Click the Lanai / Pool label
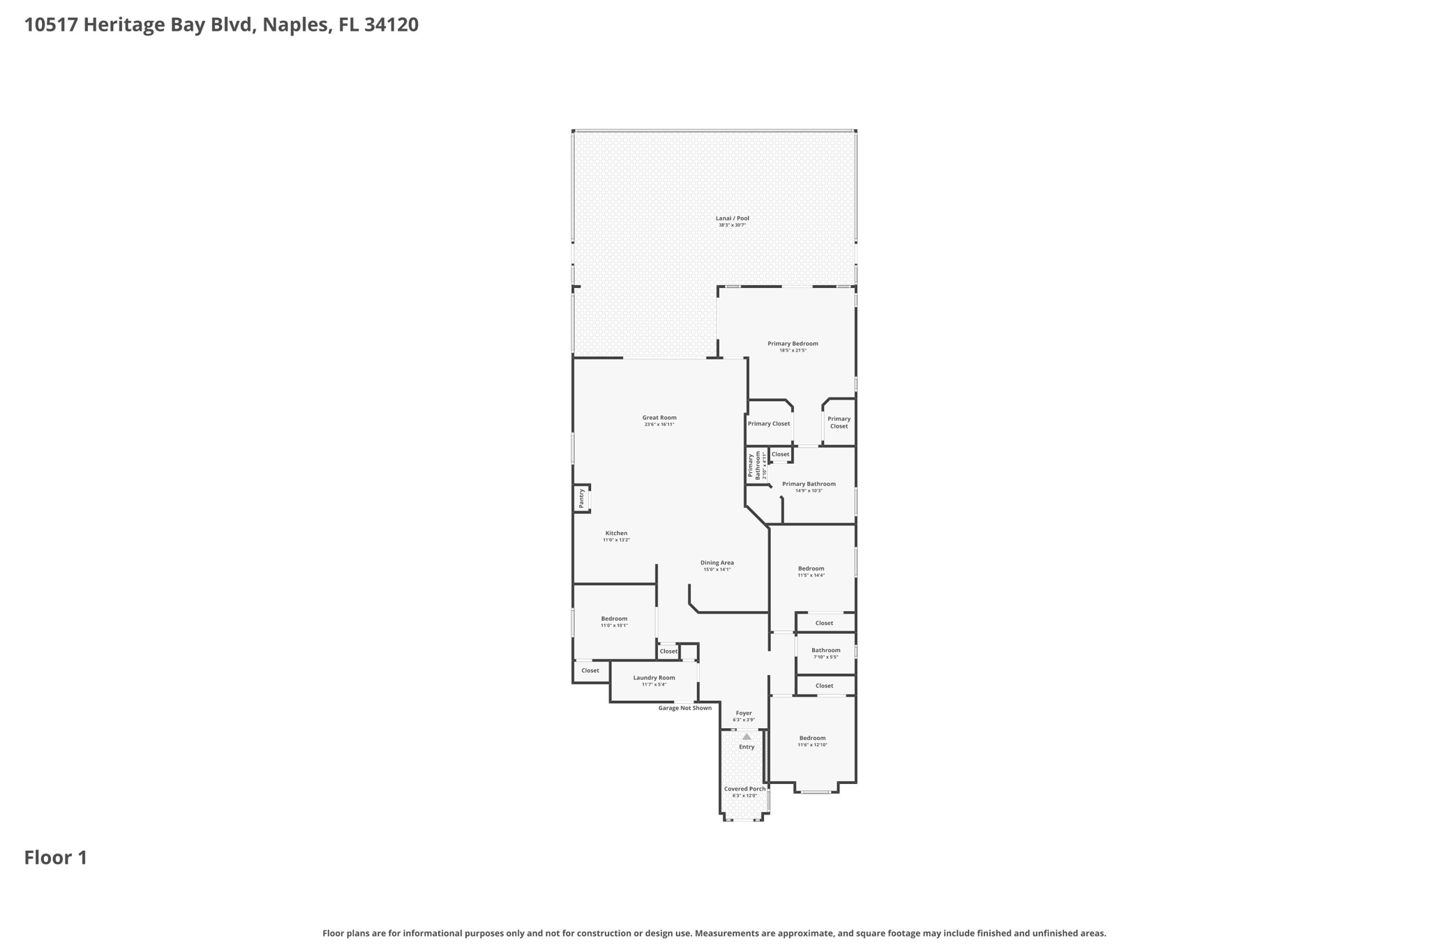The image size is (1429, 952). pos(732,219)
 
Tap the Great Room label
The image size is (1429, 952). pos(659,418)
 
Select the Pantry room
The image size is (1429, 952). pos(581,498)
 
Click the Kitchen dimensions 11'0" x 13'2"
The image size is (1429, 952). pos(616,540)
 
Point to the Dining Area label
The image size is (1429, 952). pos(717,563)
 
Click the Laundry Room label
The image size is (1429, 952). pos(654,678)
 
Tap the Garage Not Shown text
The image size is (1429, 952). pos(684,708)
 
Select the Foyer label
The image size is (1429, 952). pos(744,713)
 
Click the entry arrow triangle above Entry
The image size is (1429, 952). pos(747,736)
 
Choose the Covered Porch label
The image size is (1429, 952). pos(745,789)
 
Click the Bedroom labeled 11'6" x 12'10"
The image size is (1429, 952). pos(812,739)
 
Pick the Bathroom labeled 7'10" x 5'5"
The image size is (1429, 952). pos(825,651)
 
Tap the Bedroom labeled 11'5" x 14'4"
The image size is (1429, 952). pos(811,569)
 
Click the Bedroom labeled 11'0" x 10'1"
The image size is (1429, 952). pos(614,619)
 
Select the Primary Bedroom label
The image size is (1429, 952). pos(793,344)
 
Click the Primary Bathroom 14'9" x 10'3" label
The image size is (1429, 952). pos(809,485)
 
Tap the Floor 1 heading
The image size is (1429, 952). pos(56,858)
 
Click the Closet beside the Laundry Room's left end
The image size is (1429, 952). pos(590,671)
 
